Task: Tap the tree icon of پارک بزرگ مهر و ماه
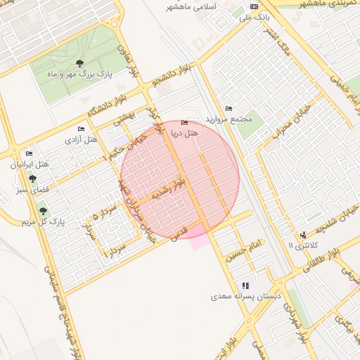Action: [79, 63]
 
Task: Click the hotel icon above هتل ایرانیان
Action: [29, 153]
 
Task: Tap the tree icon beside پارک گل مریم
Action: [43, 211]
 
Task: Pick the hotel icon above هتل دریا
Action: [185, 123]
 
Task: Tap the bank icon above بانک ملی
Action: [254, 6]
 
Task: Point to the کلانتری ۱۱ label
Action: [303, 245]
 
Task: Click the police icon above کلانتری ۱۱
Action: [303, 235]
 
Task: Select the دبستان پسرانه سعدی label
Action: [245, 297]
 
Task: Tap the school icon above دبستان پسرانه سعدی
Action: [245, 285]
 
